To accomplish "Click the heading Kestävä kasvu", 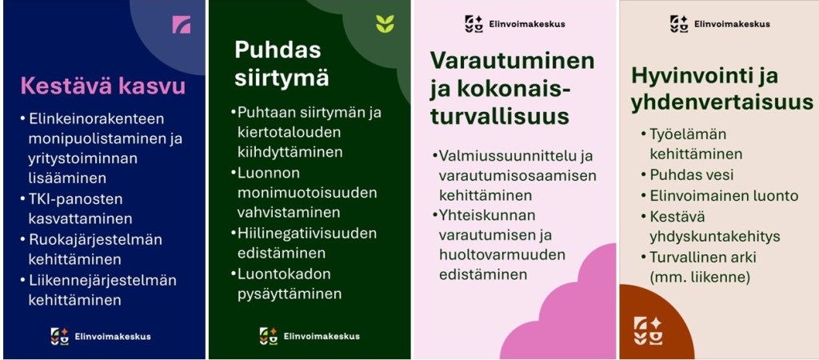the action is (103, 86).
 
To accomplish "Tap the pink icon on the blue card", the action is (182, 25).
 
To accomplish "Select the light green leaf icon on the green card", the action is (385, 24).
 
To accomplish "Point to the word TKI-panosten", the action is (75, 198).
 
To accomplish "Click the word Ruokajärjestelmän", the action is (95, 239).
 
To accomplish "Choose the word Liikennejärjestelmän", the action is (102, 280).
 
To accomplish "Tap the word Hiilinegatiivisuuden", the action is (307, 233).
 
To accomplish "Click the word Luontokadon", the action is (284, 274).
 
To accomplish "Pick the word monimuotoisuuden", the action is (307, 192).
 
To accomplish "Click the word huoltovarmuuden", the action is (502, 255).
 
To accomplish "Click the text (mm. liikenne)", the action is (700, 278).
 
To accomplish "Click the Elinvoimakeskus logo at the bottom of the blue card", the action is (101, 336).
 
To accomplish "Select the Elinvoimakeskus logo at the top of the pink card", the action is (515, 24).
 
